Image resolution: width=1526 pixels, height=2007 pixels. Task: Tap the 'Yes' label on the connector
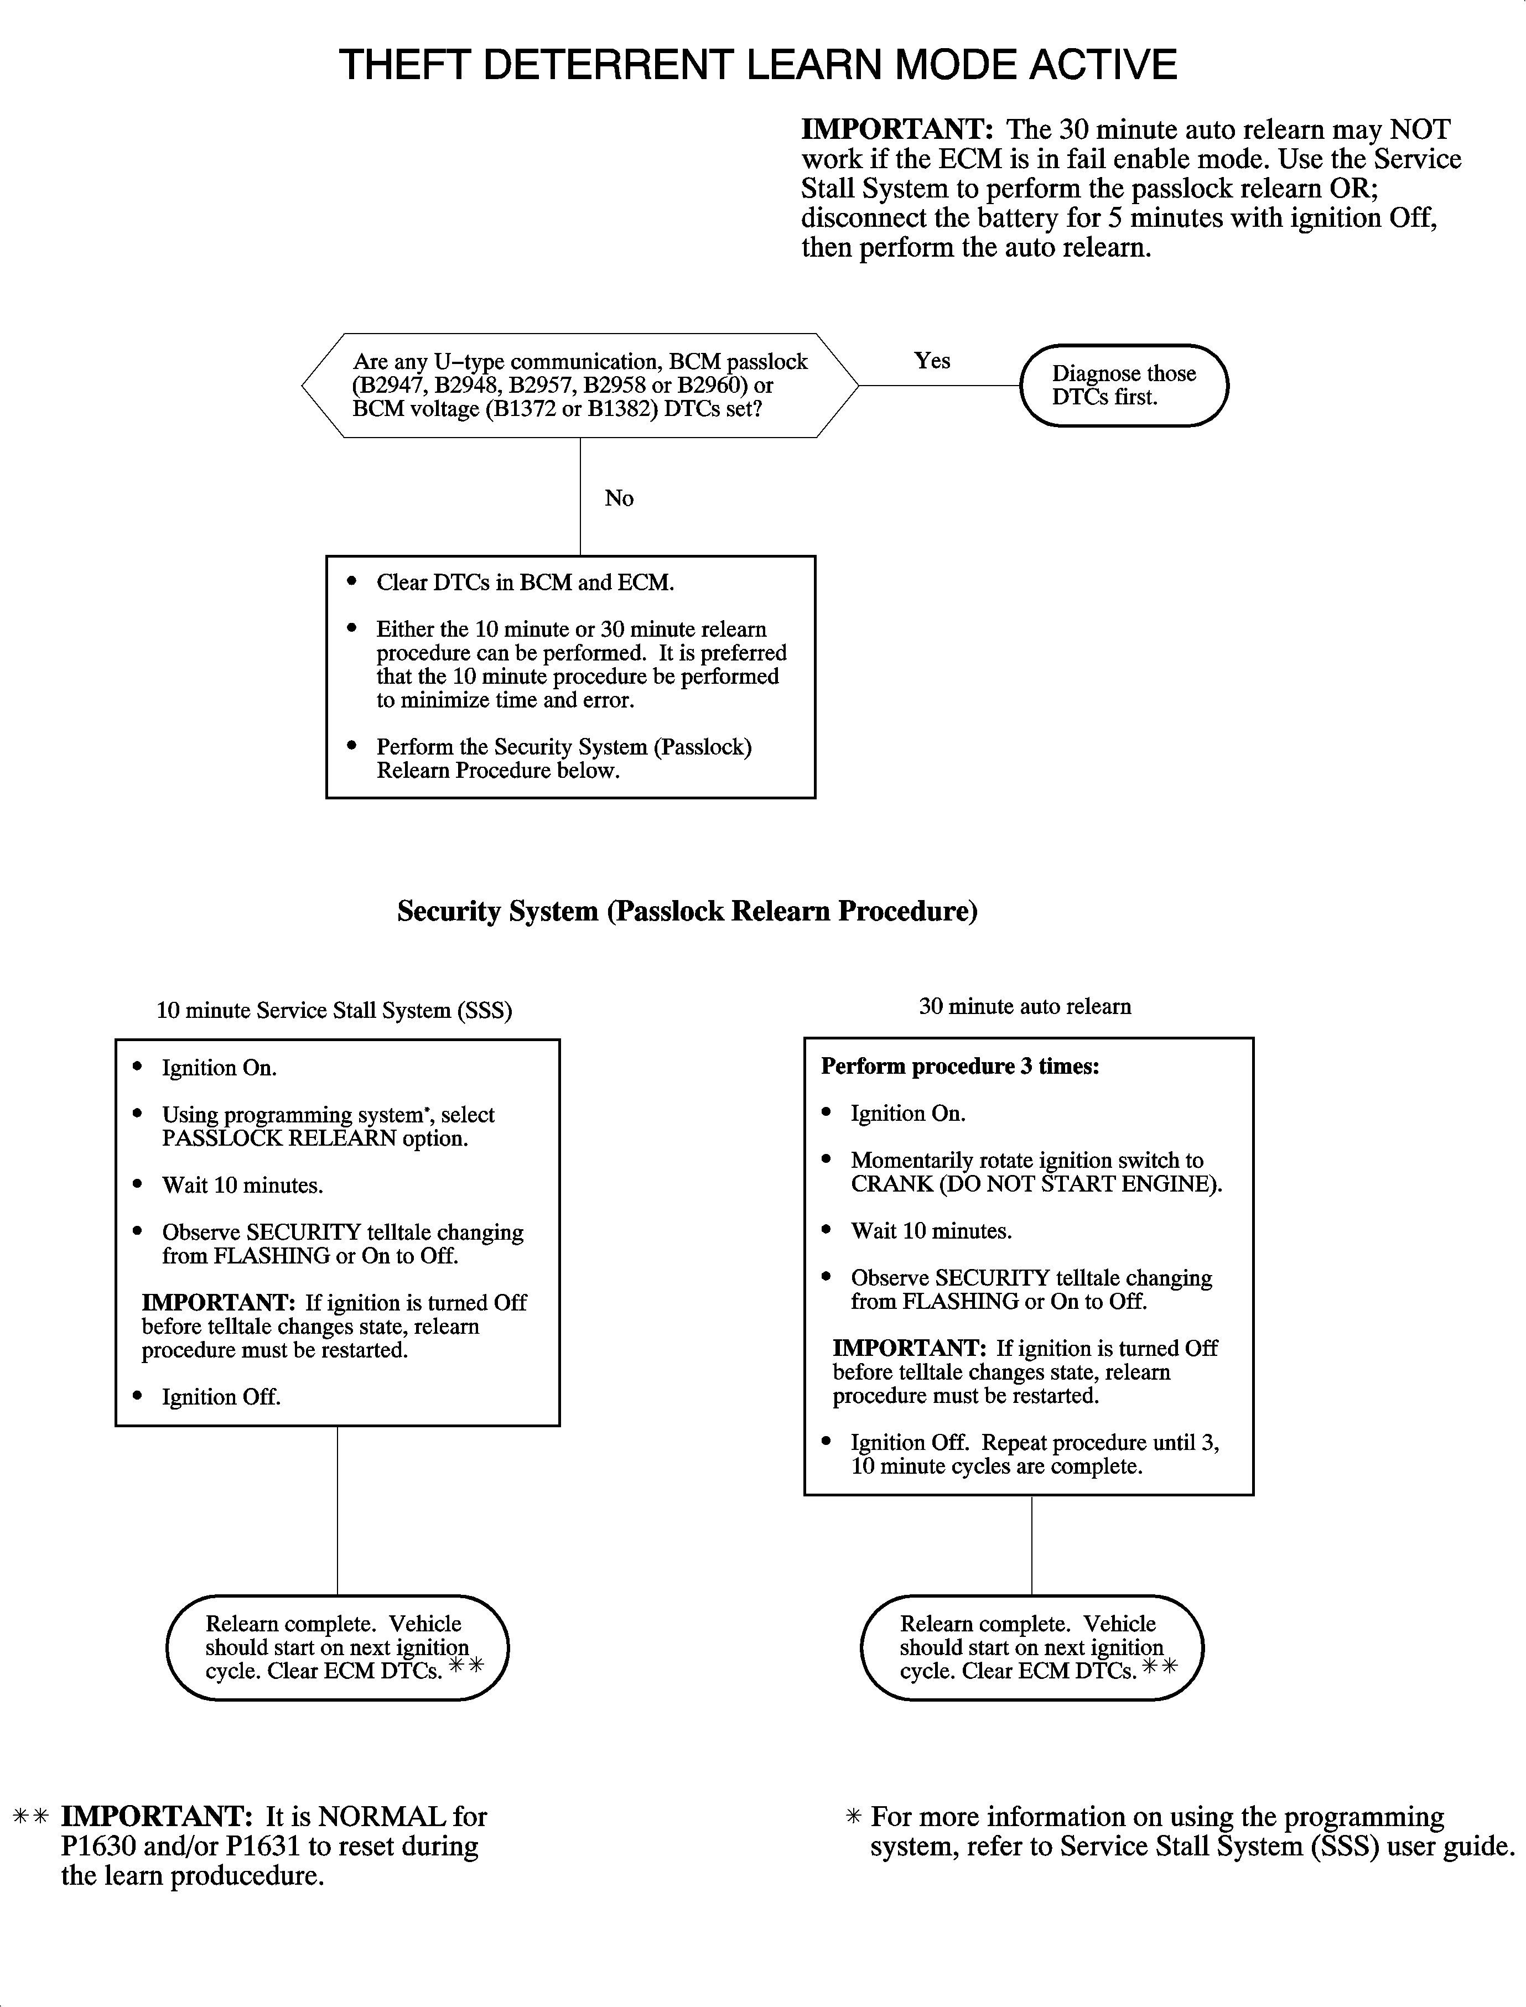click(x=932, y=361)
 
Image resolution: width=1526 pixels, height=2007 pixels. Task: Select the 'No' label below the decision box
click(x=619, y=498)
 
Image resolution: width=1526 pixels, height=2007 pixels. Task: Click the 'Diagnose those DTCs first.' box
click(x=1124, y=385)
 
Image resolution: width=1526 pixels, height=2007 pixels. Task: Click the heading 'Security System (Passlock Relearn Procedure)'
click(x=687, y=911)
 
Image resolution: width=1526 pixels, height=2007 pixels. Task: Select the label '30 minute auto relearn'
click(x=1025, y=1006)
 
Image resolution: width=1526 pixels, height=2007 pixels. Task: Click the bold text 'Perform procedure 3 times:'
click(x=960, y=1066)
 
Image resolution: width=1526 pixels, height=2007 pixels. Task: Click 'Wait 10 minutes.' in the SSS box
click(x=242, y=1185)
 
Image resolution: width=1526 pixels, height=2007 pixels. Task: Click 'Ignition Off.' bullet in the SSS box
click(x=221, y=1397)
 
